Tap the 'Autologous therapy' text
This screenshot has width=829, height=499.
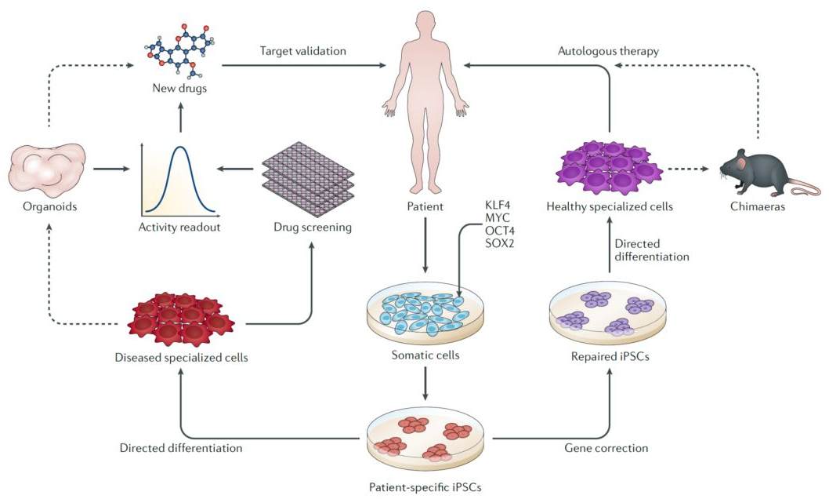point(608,50)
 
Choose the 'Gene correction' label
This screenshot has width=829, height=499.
point(606,448)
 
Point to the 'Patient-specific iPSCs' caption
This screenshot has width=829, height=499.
point(424,486)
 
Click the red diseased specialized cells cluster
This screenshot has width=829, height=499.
point(181,319)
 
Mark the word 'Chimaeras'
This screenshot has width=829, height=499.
point(765,206)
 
